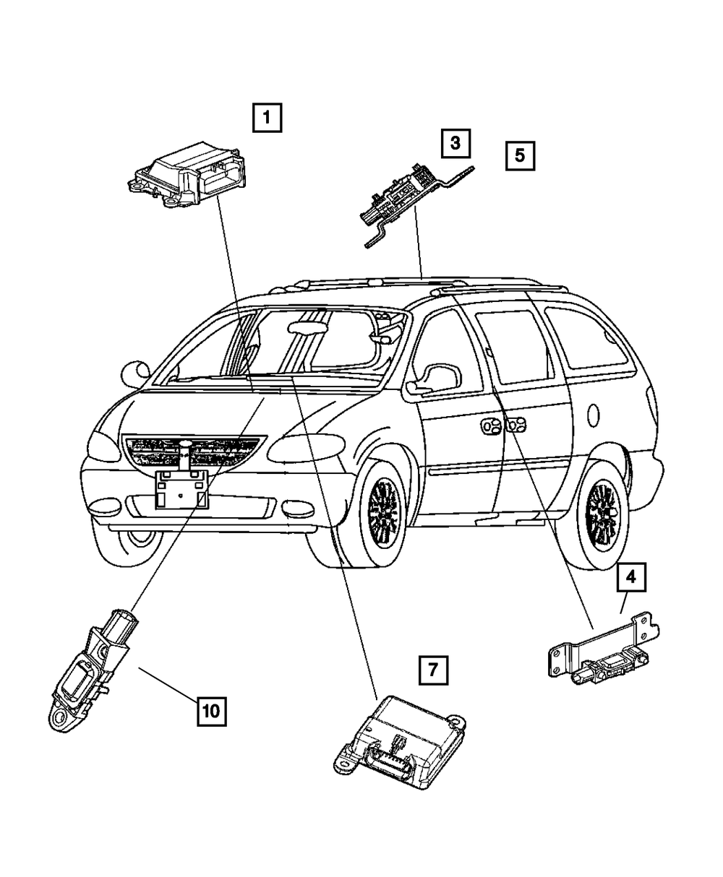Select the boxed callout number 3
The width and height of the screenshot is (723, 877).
[x=455, y=144]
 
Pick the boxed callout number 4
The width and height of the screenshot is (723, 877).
[x=630, y=577]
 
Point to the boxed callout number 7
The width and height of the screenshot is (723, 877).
[x=432, y=670]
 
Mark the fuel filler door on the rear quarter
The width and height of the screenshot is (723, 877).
[x=594, y=415]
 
